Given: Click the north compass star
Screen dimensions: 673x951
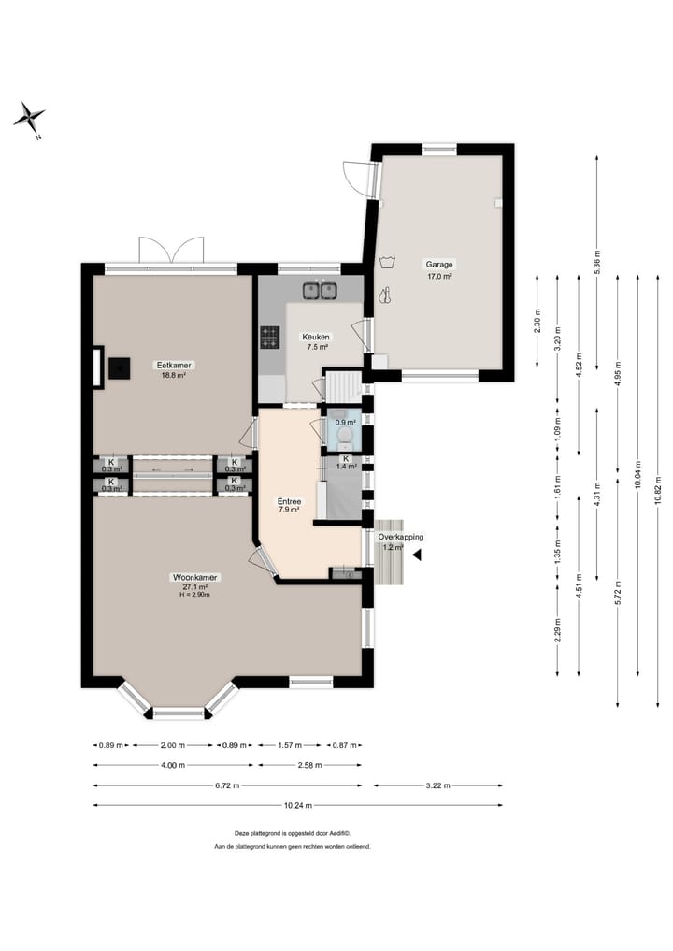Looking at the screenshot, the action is click(x=29, y=117).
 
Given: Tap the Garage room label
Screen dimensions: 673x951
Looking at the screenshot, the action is click(x=439, y=265).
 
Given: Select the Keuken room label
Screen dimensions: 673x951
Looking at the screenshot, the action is click(x=316, y=337).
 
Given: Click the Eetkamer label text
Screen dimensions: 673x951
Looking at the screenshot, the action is click(x=174, y=365).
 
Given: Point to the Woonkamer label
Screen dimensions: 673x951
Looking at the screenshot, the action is click(x=195, y=577).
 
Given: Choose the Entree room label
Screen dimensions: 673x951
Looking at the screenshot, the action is click(x=289, y=501).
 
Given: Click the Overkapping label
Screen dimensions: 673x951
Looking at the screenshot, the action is click(x=401, y=537).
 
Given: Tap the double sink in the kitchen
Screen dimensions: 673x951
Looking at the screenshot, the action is click(x=320, y=291).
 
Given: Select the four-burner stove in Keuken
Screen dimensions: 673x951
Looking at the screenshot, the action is click(x=270, y=338).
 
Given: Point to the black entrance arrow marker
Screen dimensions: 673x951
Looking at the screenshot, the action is click(x=417, y=555).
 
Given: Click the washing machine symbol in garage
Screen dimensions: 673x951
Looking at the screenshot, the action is click(x=386, y=262).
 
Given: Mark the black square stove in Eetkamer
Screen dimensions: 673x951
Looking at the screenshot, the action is click(x=120, y=367).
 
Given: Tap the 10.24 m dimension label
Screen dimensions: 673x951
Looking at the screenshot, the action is click(x=297, y=805).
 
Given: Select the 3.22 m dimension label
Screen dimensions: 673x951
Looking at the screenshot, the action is click(x=437, y=785).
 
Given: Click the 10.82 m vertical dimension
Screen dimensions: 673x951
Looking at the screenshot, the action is click(x=658, y=491).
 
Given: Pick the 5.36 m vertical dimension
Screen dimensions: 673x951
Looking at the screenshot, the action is click(x=597, y=262).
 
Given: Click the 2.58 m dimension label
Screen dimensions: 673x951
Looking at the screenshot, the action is click(x=309, y=766).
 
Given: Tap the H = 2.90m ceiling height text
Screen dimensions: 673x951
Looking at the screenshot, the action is click(x=195, y=595).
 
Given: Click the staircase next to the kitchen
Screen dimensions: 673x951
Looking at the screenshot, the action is click(x=344, y=386).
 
